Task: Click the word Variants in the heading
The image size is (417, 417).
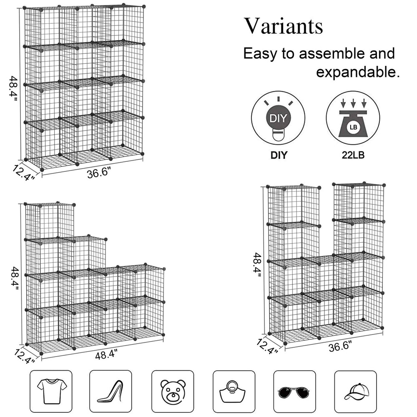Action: pos(283,26)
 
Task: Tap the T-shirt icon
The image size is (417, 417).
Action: pos(52,391)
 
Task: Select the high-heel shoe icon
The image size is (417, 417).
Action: pos(111,391)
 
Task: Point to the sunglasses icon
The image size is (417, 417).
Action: pos(294,392)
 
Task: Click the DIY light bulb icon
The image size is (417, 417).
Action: pos(278,118)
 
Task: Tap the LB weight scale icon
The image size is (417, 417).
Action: pos(353,118)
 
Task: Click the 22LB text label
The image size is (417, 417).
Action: pos(353,155)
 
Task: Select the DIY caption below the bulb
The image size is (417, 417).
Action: pos(279,155)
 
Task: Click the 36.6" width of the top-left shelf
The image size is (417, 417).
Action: pos(98,173)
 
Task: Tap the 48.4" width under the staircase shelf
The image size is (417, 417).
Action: pos(106,354)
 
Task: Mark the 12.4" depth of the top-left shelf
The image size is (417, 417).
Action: pos(23,172)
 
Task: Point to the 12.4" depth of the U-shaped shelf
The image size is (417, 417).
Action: pos(267,346)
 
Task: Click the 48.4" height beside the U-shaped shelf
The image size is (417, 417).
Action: pos(257,265)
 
